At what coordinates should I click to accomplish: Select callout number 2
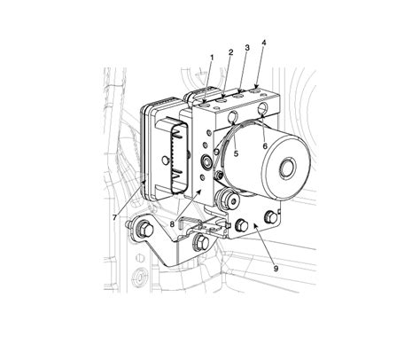click(x=229, y=52)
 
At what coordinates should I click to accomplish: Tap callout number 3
click(x=246, y=46)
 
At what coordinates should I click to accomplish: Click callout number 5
click(x=237, y=153)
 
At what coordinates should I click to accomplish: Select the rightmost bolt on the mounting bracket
click(x=268, y=217)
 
